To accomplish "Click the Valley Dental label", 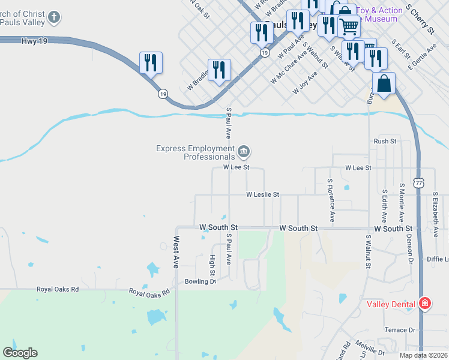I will [x=391, y=304].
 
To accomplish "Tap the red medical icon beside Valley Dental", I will [x=425, y=304].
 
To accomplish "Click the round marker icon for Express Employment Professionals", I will [x=244, y=151].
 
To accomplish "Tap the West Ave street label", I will [x=177, y=252].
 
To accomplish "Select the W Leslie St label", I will [x=263, y=194].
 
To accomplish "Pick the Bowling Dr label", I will [x=200, y=281].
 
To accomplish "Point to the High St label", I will [x=212, y=264].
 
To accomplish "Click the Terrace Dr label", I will [x=400, y=330].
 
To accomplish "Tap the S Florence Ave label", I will [x=331, y=200].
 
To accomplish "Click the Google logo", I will [x=20, y=353].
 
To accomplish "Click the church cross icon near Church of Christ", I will [x=54, y=17].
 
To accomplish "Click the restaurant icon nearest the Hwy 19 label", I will [x=151, y=62].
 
